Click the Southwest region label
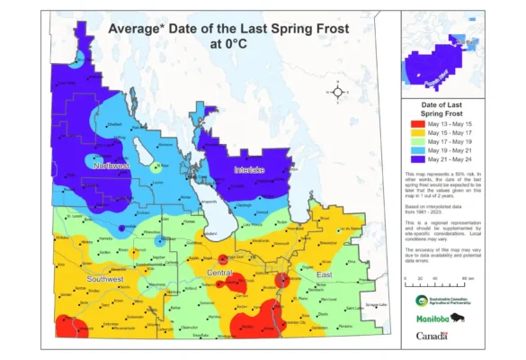coord(106,254)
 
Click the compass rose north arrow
coord(337,91)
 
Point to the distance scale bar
coord(435,286)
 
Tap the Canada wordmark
coord(432,336)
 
